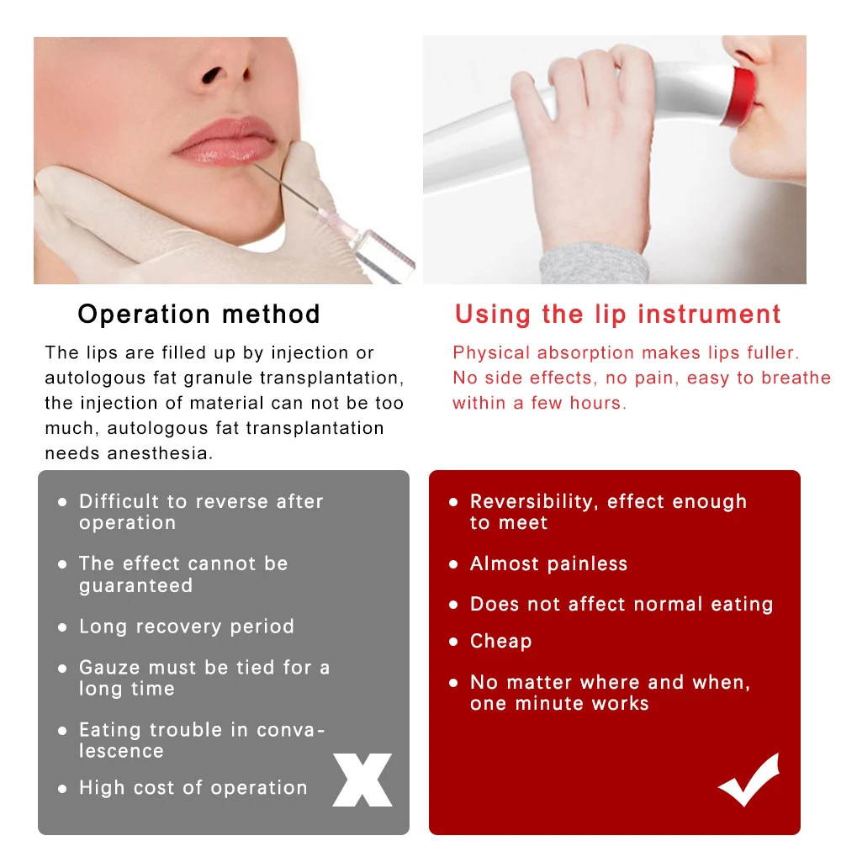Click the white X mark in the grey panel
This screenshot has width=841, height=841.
point(362,780)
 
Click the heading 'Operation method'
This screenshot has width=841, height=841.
point(198,315)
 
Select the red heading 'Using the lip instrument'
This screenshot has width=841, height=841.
point(618,315)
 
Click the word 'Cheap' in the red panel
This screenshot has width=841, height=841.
point(501,642)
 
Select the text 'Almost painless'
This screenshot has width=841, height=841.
point(548,564)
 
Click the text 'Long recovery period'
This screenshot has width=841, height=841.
point(187,627)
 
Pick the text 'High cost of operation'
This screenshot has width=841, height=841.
point(193,788)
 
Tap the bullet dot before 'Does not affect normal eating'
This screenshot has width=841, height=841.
point(453,605)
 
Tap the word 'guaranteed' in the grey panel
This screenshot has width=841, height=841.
point(135,585)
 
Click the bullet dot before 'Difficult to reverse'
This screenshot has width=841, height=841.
point(62,502)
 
